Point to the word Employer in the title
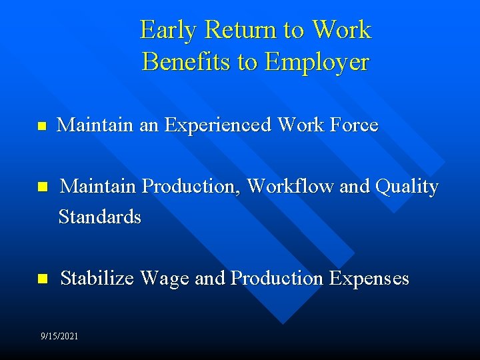317,61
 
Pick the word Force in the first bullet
354,125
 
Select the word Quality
407,186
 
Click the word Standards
100,217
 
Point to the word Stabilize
99,278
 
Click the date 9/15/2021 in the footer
59,336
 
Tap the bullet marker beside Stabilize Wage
42,279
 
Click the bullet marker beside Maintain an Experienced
42,125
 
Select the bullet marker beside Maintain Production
42,187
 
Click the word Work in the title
341,30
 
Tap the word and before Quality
354,186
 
